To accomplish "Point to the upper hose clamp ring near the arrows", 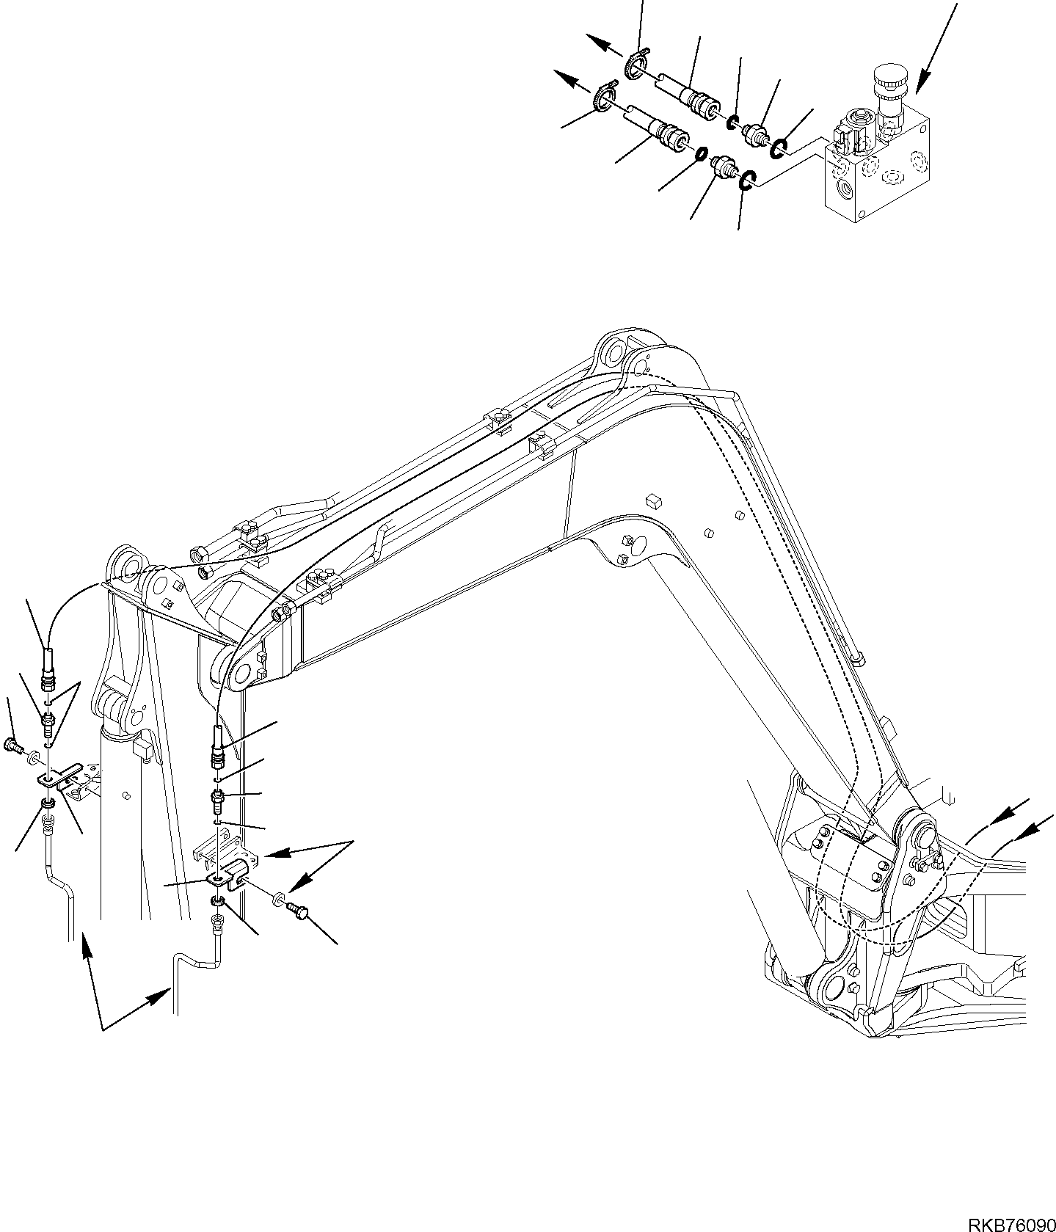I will pyautogui.click(x=636, y=62).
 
